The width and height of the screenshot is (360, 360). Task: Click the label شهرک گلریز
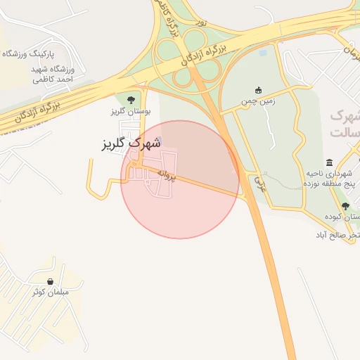pyautogui.click(x=131, y=143)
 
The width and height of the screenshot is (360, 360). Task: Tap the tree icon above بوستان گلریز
pyautogui.click(x=131, y=100)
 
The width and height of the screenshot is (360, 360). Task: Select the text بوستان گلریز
pyautogui.click(x=127, y=112)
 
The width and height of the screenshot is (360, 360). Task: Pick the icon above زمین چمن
pyautogui.click(x=257, y=90)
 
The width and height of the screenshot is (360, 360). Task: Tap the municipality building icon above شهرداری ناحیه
pyautogui.click(x=329, y=162)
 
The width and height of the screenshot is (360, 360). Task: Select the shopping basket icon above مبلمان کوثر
pyautogui.click(x=51, y=281)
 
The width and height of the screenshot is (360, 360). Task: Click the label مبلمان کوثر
pyautogui.click(x=49, y=292)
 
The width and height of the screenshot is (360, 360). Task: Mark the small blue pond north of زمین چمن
pyautogui.click(x=263, y=52)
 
